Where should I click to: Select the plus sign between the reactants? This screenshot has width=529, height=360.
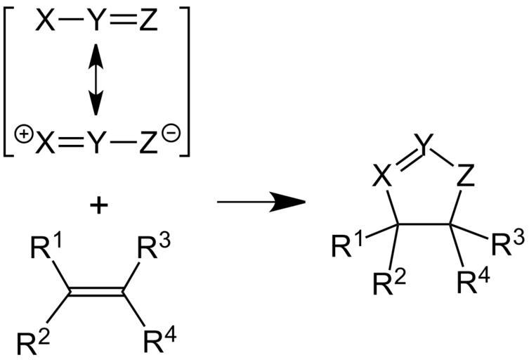tap(97, 208)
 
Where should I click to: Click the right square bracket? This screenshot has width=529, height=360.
tap(186, 79)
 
